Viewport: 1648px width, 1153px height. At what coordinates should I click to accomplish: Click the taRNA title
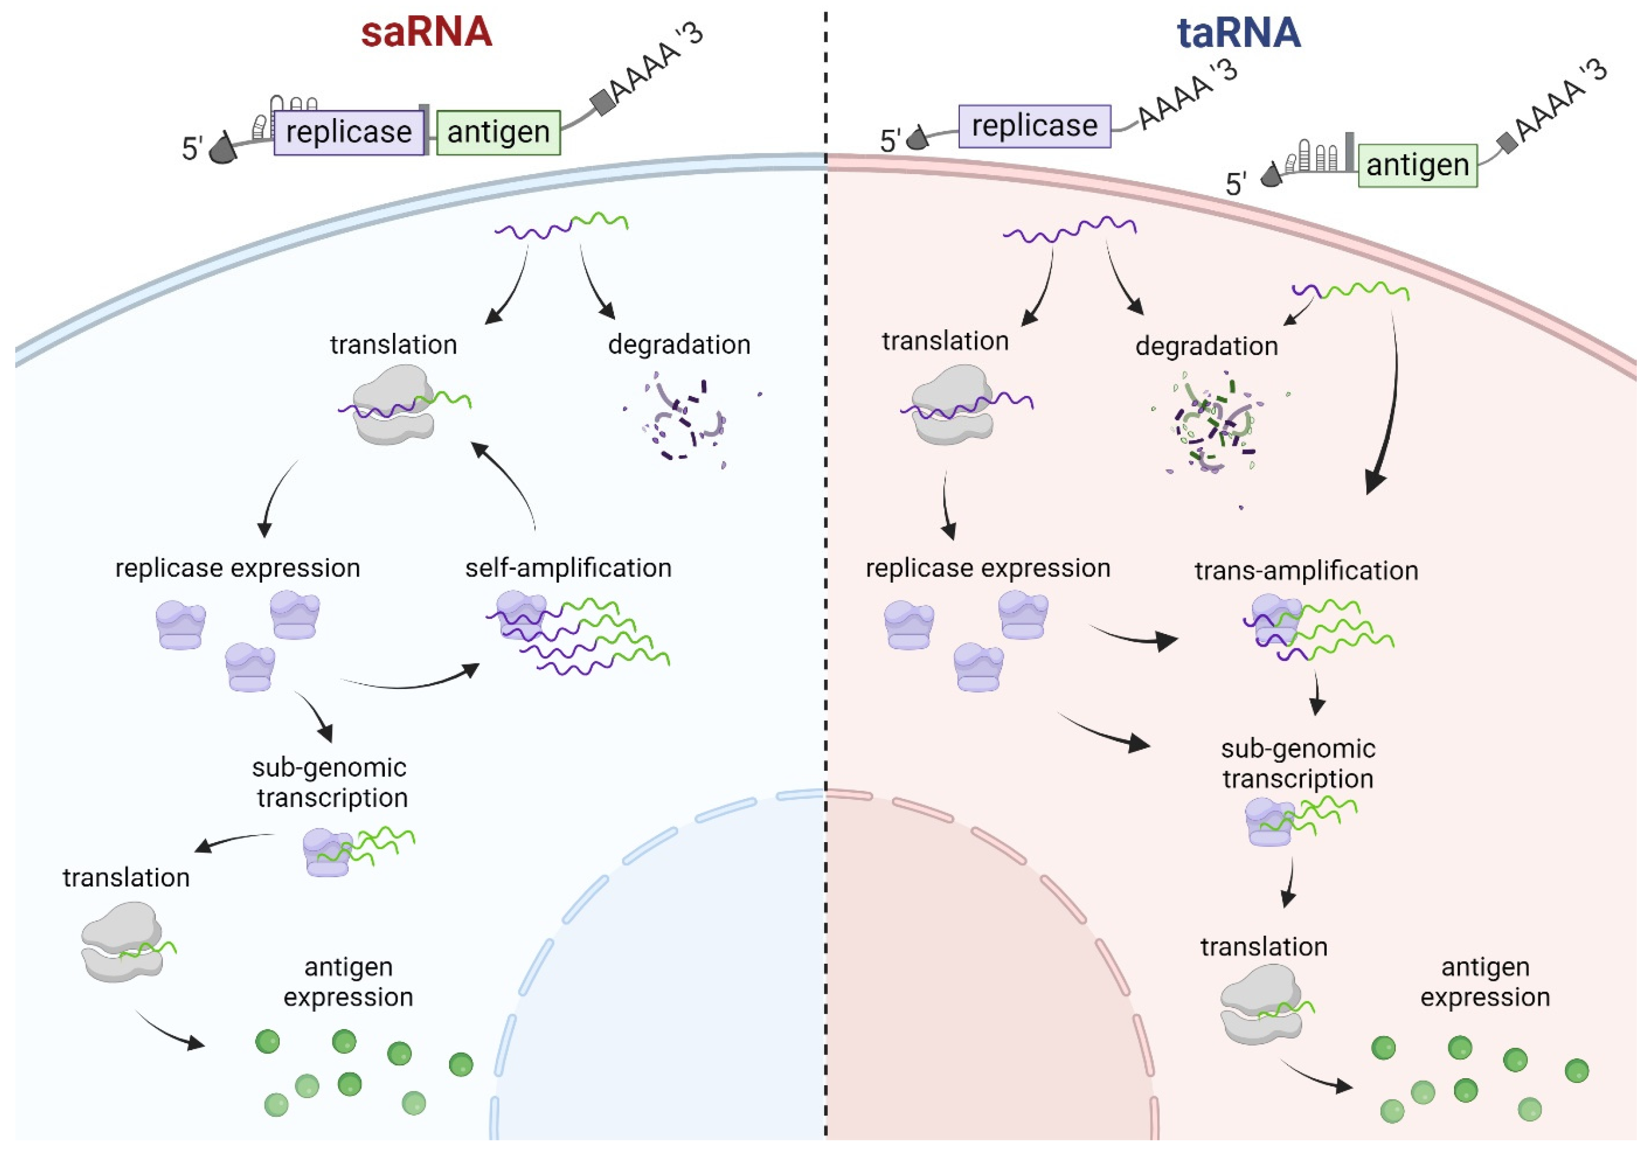click(x=1238, y=33)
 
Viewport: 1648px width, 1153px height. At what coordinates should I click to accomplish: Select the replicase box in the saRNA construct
click(x=349, y=132)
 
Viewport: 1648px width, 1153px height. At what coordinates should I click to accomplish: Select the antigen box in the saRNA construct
click(x=498, y=132)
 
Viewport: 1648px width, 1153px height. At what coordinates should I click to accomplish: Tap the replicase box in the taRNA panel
click(x=1035, y=126)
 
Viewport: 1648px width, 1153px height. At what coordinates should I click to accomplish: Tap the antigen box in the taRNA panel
click(x=1417, y=165)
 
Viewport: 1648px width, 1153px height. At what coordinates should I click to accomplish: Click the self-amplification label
click(x=568, y=568)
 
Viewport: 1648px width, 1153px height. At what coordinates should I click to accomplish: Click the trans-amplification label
click(x=1306, y=571)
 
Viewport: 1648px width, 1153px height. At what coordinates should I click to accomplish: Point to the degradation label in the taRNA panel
click(x=1206, y=347)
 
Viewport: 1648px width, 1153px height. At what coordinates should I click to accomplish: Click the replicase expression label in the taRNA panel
click(x=988, y=568)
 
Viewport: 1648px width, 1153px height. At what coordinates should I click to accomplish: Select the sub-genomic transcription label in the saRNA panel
click(x=331, y=783)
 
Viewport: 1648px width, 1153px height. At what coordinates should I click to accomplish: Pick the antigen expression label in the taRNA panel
click(x=1485, y=982)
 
